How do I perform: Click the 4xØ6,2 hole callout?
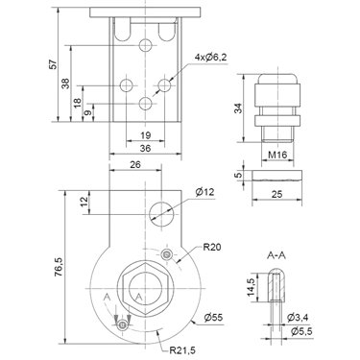210,58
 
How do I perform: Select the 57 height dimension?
53,64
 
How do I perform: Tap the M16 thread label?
277,156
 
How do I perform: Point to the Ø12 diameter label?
204,192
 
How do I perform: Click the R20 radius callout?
211,247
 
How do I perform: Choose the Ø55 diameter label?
213,318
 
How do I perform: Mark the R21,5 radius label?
182,350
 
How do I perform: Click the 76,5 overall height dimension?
59,267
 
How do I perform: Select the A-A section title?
276,255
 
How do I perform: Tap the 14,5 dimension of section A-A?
251,287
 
